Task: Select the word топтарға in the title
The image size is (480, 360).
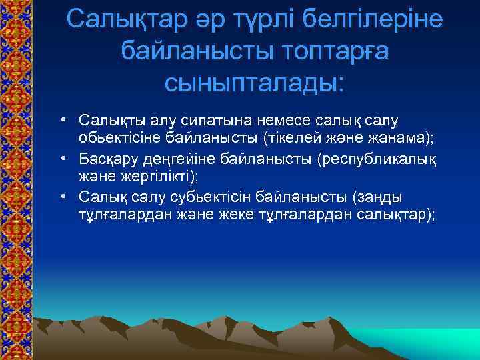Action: click(328, 51)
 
